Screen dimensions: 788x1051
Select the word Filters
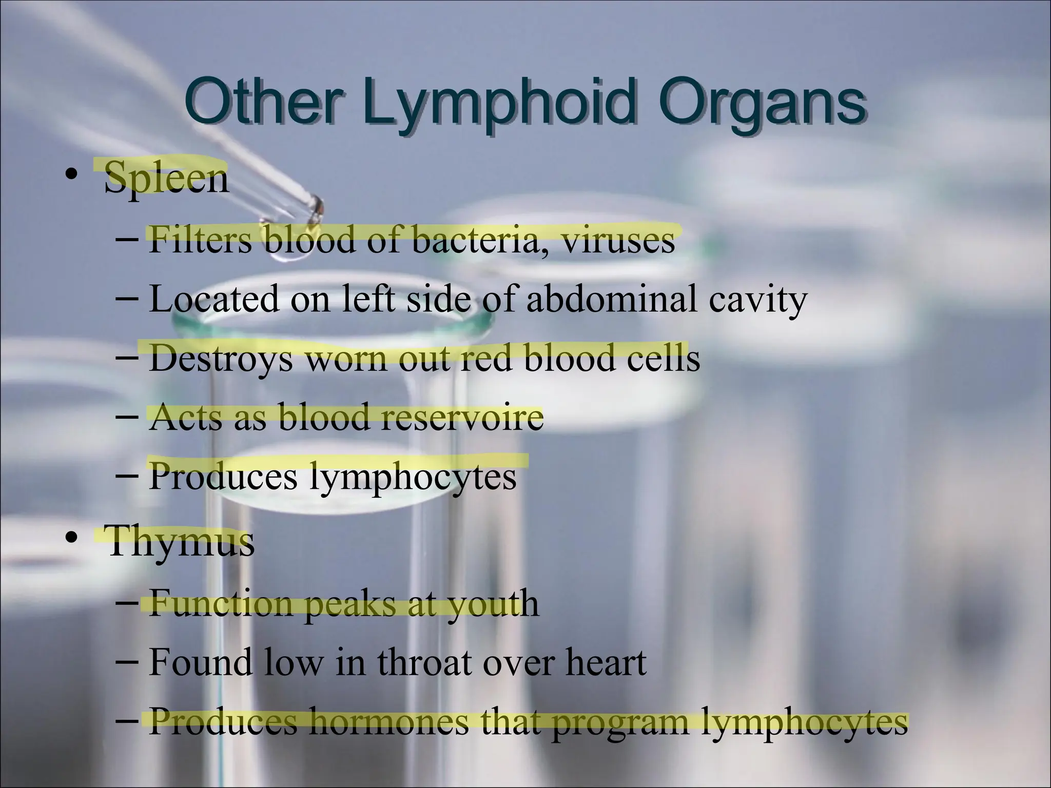(x=200, y=240)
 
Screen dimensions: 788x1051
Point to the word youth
(x=493, y=603)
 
